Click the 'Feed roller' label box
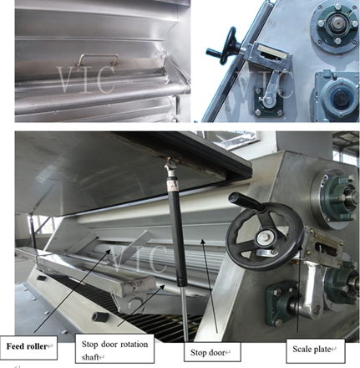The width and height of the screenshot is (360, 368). [29, 347]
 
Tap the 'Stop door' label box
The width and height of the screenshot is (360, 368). [212, 352]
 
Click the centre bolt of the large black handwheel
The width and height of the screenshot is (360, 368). [263, 238]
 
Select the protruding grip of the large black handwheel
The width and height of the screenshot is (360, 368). [246, 201]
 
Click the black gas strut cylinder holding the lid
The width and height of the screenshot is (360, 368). [178, 234]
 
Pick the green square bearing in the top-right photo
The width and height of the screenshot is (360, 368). [268, 102]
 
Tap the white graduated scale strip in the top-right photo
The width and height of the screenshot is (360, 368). [272, 52]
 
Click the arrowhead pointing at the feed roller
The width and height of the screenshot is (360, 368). [108, 252]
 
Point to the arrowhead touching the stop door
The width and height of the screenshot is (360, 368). [203, 242]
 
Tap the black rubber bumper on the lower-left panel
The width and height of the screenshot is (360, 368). [100, 317]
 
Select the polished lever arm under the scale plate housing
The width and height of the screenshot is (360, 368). [312, 286]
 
